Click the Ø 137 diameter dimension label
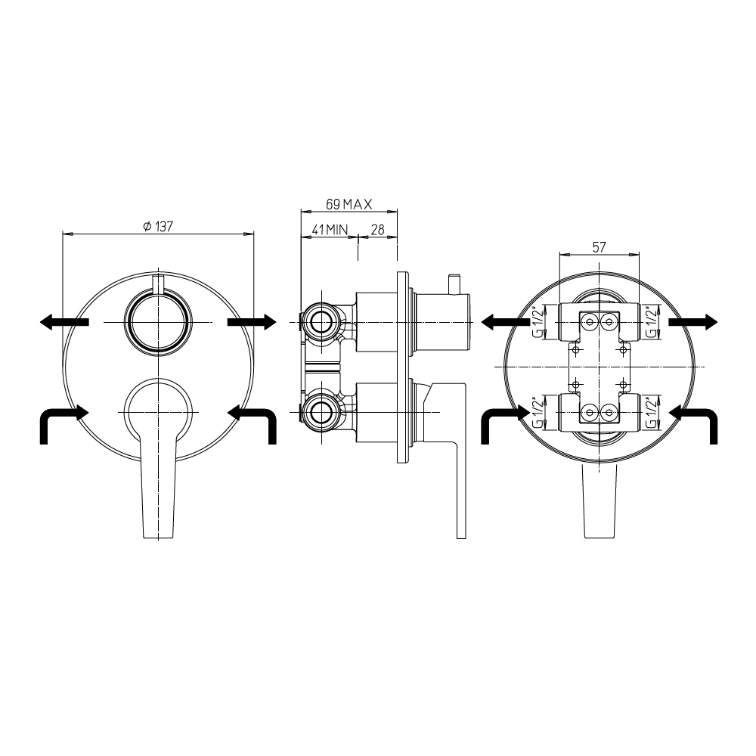(158, 226)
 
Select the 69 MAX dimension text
(349, 204)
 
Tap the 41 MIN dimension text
(330, 230)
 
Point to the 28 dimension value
(377, 230)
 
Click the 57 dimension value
(599, 247)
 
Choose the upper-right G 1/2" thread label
(652, 322)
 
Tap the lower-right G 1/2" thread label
(652, 413)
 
